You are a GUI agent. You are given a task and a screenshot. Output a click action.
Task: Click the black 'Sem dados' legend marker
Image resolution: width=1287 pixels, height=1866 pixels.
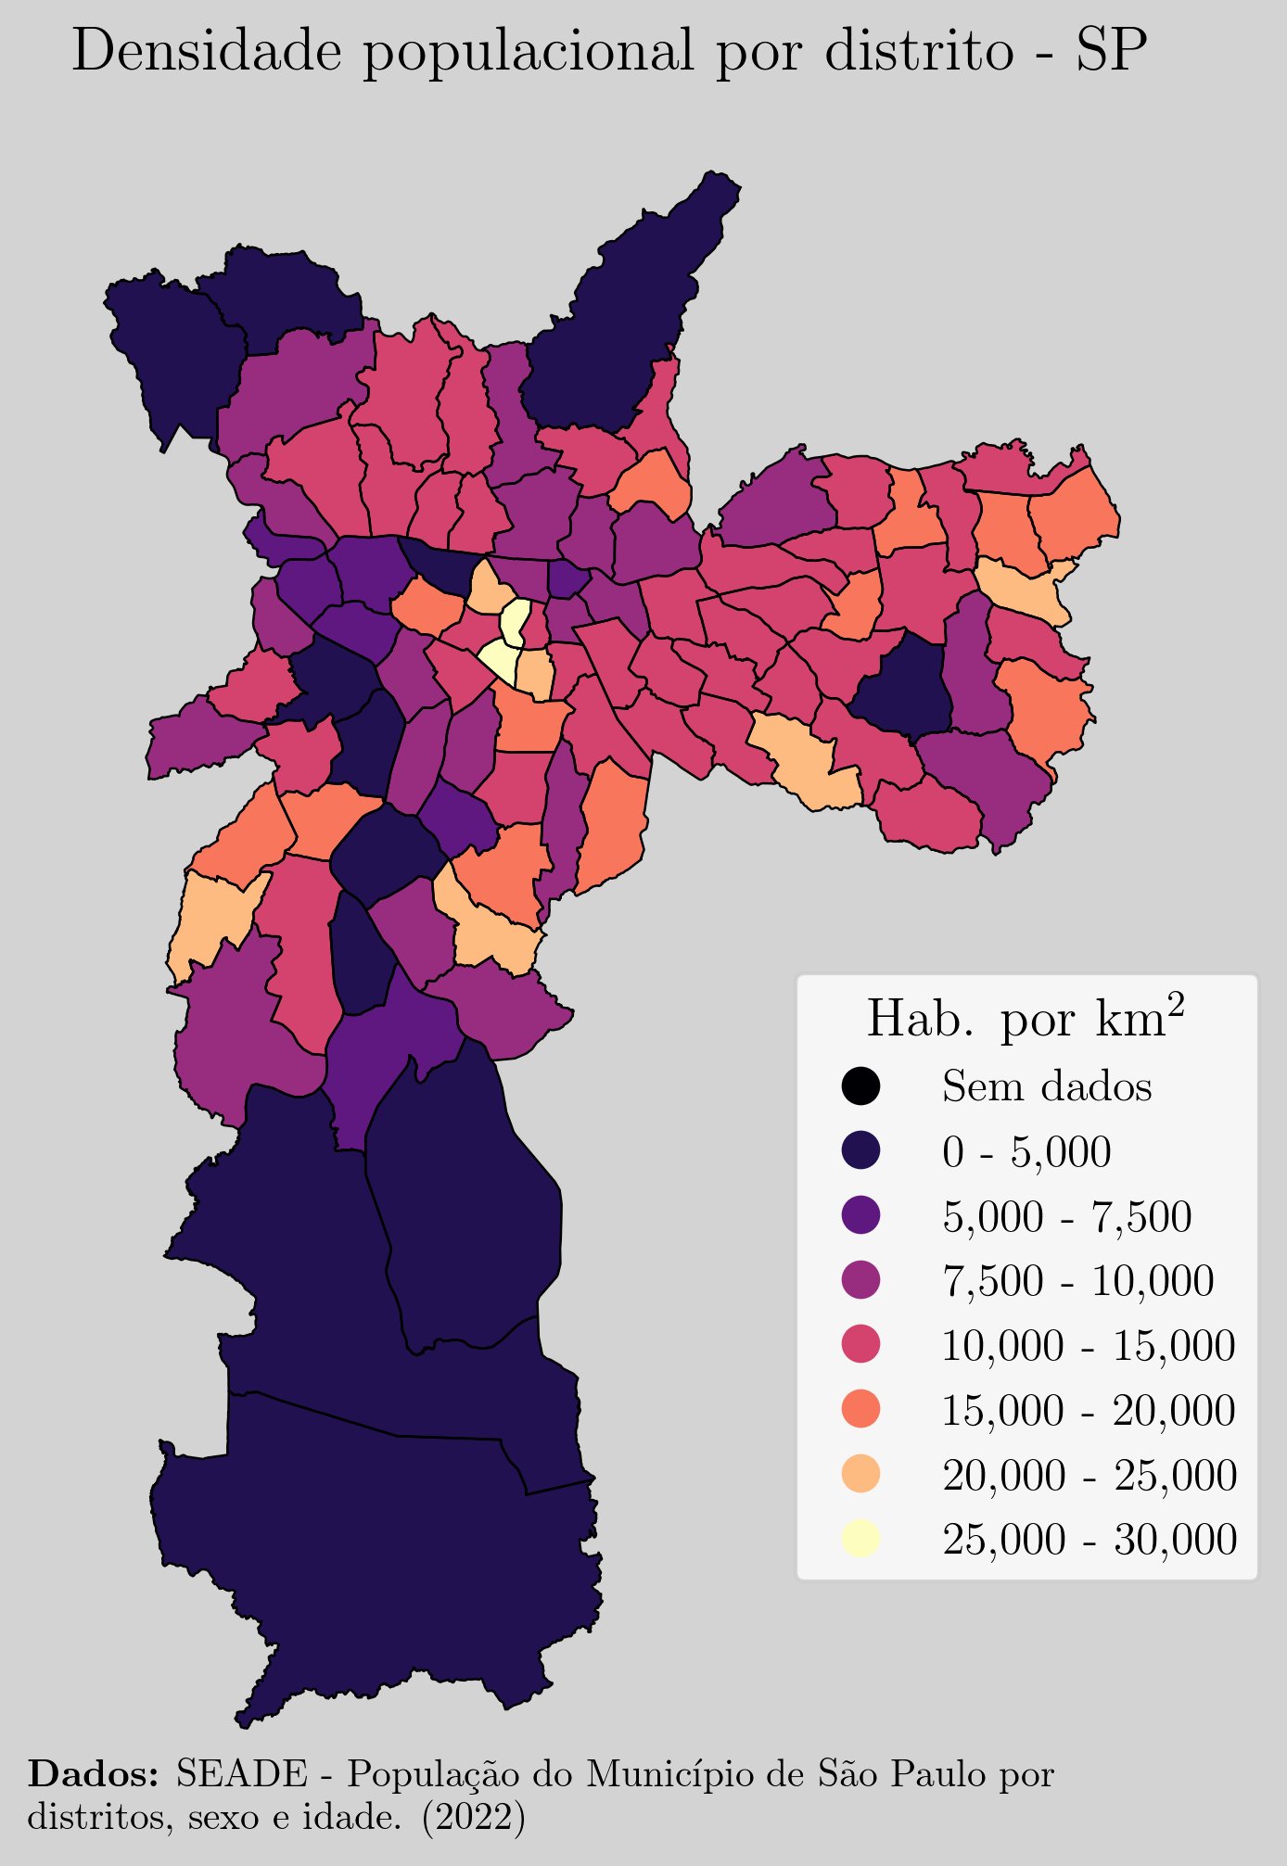click(x=860, y=1086)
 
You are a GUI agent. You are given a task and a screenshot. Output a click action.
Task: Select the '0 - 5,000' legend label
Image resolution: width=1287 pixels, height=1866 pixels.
click(x=1026, y=1152)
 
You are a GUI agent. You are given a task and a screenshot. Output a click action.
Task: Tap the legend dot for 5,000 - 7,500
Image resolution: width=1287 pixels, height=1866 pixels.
click(x=860, y=1215)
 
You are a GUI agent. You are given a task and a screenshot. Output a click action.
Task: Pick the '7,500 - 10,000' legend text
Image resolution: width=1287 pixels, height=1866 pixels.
click(x=1077, y=1281)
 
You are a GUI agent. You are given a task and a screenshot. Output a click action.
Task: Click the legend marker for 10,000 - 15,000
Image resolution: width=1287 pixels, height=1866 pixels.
click(x=860, y=1345)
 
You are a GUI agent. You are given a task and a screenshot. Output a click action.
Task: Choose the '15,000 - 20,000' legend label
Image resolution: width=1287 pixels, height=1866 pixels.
click(x=1089, y=1411)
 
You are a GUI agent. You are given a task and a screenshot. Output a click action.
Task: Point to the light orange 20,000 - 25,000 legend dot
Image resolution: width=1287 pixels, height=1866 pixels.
click(x=860, y=1474)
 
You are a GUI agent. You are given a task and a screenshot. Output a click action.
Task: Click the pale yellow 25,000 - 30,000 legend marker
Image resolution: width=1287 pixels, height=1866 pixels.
click(x=860, y=1539)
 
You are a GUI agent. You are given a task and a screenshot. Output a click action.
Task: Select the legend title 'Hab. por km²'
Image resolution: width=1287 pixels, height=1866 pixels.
click(x=1026, y=1019)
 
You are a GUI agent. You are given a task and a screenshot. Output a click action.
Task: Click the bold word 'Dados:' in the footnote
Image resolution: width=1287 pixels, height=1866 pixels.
click(x=93, y=1774)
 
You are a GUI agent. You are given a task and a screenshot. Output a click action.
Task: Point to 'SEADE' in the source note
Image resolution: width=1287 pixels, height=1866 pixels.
click(x=241, y=1774)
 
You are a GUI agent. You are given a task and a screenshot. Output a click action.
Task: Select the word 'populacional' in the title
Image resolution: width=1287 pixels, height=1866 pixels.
click(x=528, y=53)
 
